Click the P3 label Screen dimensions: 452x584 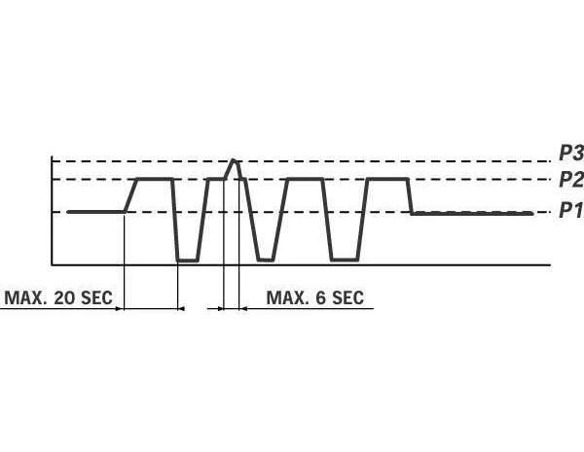pyautogui.click(x=569, y=153)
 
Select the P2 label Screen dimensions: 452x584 pyautogui.click(x=569, y=179)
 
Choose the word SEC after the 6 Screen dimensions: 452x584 pyautogui.click(x=347, y=297)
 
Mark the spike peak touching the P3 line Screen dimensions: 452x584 pyautogui.click(x=234, y=160)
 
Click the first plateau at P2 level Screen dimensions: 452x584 pyautogui.click(x=156, y=179)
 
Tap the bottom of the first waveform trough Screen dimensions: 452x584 pyautogui.click(x=188, y=260)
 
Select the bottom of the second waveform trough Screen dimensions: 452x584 pyautogui.click(x=265, y=260)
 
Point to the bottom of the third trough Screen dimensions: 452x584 pyautogui.click(x=344, y=260)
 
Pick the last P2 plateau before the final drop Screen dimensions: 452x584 pyautogui.click(x=386, y=179)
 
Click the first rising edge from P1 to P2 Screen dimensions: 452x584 pyautogui.click(x=131, y=195)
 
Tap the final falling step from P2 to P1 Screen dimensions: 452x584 pyautogui.click(x=410, y=196)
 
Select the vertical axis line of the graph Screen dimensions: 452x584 pyautogui.click(x=52, y=209)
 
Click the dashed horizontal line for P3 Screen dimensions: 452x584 pyautogui.click(x=389, y=160)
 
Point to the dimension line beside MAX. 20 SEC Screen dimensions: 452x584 pyautogui.click(x=152, y=309)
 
